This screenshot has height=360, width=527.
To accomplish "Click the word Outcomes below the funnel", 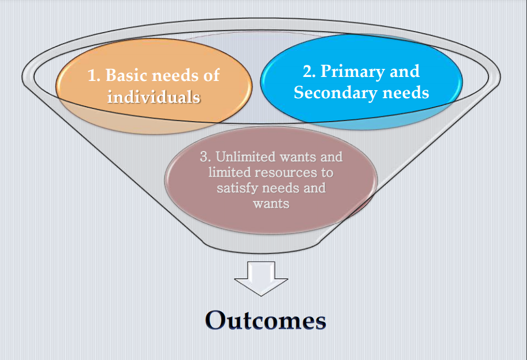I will click(x=265, y=320).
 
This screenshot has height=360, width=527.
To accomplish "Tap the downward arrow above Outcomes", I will click(x=261, y=278).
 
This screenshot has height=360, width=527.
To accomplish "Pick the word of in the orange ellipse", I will click(x=211, y=75).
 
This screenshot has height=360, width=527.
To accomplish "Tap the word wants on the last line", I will click(x=271, y=203).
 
